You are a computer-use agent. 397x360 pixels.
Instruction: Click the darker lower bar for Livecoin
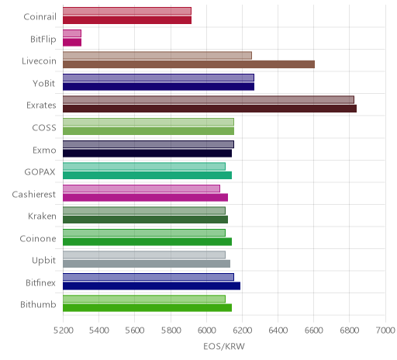[x=188, y=64]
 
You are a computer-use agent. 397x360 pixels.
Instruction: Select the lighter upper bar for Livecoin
[x=157, y=55]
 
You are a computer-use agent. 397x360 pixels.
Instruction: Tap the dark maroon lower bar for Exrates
[x=209, y=109]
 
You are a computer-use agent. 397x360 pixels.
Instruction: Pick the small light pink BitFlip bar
[x=72, y=33]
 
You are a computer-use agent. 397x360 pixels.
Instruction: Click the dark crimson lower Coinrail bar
[x=127, y=20]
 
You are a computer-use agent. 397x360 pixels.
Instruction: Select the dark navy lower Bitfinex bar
[x=151, y=286]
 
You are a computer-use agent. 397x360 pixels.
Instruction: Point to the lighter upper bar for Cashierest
[x=141, y=189]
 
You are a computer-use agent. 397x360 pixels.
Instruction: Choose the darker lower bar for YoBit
[x=158, y=87]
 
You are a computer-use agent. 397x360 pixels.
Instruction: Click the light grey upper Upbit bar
[x=144, y=254]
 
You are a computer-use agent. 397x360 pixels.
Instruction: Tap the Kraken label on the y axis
[x=42, y=216]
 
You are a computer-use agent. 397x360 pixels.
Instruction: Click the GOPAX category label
[x=40, y=172]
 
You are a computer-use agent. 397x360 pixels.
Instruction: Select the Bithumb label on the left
[x=38, y=304]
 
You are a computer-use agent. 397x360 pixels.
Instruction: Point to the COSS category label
[x=44, y=128]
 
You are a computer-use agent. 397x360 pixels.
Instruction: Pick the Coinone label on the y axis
[x=38, y=238]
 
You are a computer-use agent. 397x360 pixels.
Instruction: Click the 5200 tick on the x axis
[x=63, y=331]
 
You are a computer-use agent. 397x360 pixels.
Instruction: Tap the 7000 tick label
[x=385, y=331]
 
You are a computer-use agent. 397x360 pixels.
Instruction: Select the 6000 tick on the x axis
[x=206, y=331]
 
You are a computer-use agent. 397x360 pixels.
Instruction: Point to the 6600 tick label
[x=314, y=331]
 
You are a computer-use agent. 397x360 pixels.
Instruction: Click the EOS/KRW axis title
[x=224, y=346]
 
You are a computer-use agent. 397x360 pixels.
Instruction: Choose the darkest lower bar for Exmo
[x=147, y=153]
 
